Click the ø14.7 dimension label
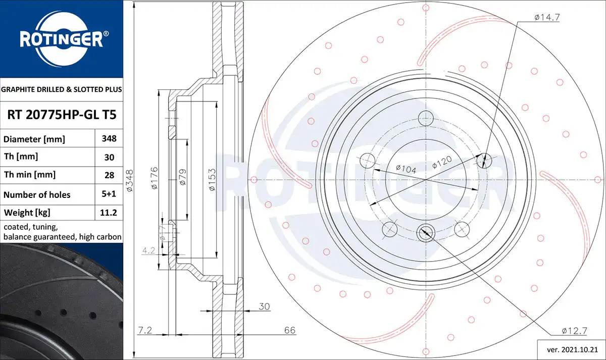coord(547,17)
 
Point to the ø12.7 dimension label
coord(574,331)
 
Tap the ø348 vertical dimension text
coord(130,181)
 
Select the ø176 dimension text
coord(154,178)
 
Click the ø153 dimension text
coord(213,180)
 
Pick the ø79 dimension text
coord(183,177)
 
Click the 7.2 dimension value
coord(145,330)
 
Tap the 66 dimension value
coord(290,330)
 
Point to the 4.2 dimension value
coord(148,250)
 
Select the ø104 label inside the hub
coord(406,169)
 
